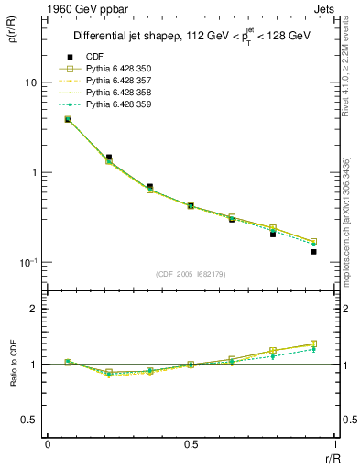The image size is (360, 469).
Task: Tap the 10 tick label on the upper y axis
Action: click(30, 82)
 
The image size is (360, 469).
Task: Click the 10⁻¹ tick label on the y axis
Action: click(27, 262)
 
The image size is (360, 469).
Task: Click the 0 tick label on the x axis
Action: click(48, 444)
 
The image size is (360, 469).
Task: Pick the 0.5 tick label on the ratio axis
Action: click(30, 420)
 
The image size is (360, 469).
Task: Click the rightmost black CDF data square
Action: click(313, 251)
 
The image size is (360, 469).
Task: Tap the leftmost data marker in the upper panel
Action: click(68, 119)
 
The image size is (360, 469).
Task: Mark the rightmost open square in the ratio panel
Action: click(313, 344)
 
